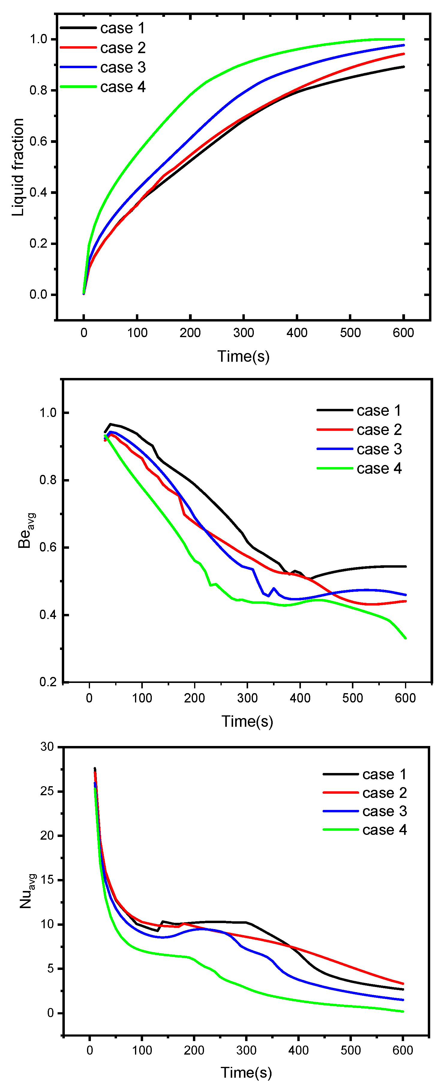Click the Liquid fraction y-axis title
18,167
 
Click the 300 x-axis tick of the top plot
244,333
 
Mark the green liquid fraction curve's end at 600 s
404,39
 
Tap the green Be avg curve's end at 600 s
406,638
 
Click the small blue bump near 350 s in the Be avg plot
274,589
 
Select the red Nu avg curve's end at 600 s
403,984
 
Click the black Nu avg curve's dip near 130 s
157,931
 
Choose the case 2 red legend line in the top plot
78,48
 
